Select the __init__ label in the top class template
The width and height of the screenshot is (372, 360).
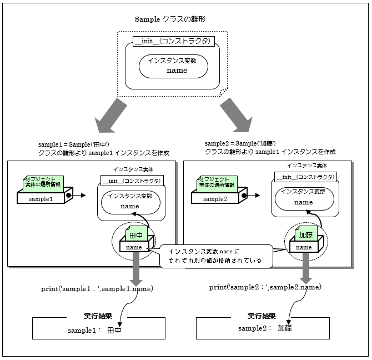tap(174, 42)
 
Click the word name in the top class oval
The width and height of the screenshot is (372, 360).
tap(177, 71)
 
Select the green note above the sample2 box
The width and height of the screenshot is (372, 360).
tap(218, 182)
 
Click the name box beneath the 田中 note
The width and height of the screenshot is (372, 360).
tap(134, 247)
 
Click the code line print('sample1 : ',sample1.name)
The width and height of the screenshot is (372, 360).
tap(97, 289)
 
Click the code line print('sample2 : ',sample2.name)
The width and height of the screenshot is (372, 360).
tap(265, 287)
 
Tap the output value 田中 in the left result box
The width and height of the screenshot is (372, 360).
tap(114, 330)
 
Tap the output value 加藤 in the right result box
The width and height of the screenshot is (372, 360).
tap(285, 328)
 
